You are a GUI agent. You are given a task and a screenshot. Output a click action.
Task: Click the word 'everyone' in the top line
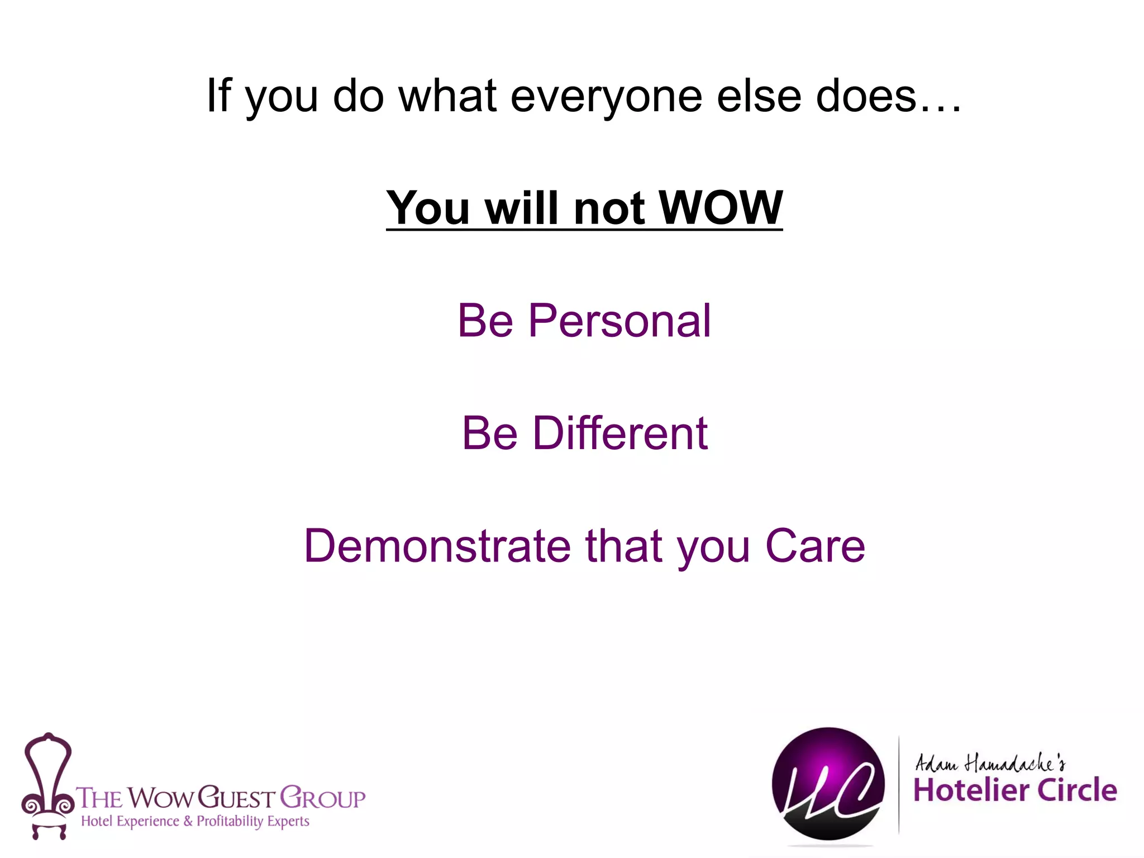606,96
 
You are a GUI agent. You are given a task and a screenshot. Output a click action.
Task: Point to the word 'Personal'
619,321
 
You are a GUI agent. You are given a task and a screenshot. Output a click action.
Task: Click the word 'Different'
620,433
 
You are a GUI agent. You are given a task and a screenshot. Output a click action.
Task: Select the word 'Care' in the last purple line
815,546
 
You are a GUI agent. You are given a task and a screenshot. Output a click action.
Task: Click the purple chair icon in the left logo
47,785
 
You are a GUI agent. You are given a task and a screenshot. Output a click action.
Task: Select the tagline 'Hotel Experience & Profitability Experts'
195,821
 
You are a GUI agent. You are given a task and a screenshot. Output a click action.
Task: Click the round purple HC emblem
828,784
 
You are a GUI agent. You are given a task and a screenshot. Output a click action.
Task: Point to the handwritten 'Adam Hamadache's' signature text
990,763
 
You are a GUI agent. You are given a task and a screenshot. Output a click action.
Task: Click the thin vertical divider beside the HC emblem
899,785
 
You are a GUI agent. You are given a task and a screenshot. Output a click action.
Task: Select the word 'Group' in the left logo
322,798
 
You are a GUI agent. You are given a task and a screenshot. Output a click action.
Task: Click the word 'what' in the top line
447,96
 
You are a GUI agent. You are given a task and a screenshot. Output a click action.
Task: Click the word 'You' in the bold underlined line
428,208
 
